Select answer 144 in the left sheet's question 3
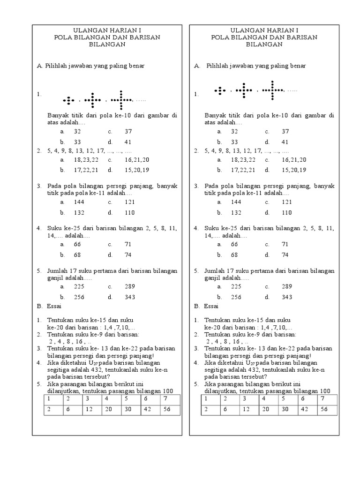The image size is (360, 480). point(78,202)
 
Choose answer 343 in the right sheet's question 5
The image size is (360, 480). point(287,297)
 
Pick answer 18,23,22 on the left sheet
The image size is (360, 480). point(86,159)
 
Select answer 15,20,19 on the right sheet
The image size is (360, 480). point(294,170)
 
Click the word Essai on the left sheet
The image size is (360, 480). point(55,306)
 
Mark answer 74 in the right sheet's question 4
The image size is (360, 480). point(285,255)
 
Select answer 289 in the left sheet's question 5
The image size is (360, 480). point(130,286)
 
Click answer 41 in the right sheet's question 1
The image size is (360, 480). point(285,142)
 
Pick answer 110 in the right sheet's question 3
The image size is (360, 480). point(287,212)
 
